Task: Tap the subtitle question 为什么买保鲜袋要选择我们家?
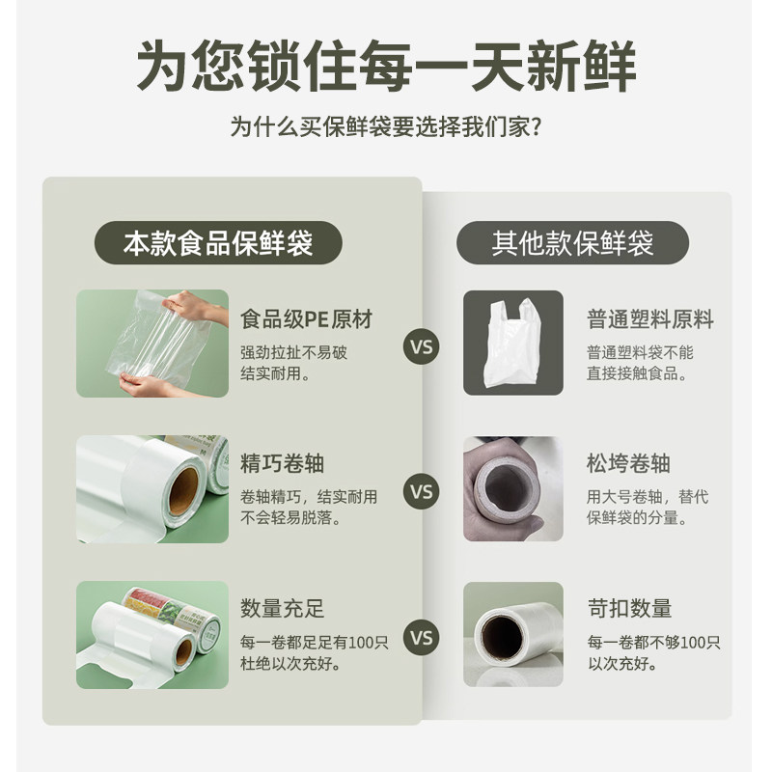click(x=385, y=126)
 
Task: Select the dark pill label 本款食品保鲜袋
click(x=218, y=242)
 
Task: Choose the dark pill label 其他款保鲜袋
click(x=572, y=242)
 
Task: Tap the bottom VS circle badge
click(x=422, y=638)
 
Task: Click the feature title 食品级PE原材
click(x=306, y=318)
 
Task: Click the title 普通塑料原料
click(x=649, y=318)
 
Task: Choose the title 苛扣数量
click(x=628, y=609)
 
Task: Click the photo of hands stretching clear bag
click(x=152, y=344)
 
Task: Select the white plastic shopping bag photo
click(x=512, y=343)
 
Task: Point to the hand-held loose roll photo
click(x=512, y=488)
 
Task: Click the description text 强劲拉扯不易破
click(x=293, y=352)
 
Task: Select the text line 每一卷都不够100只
click(x=653, y=642)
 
